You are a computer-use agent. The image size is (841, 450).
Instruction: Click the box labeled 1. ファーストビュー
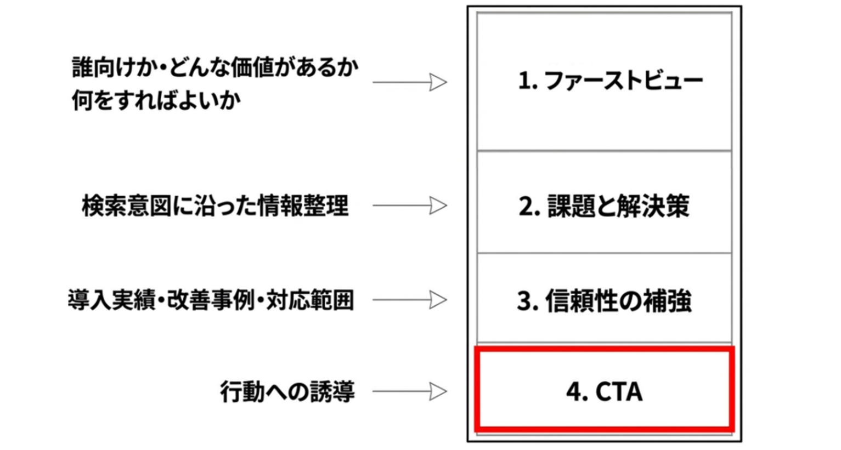pyautogui.click(x=604, y=82)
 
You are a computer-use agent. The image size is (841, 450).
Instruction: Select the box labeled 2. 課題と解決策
pyautogui.click(x=604, y=202)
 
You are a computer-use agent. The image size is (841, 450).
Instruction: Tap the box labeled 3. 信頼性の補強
pyautogui.click(x=604, y=299)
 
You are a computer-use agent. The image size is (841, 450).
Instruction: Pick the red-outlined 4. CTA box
pyautogui.click(x=604, y=390)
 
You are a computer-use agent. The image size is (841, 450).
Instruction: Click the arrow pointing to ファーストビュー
pyautogui.click(x=410, y=82)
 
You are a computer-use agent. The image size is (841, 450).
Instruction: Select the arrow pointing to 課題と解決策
pyautogui.click(x=410, y=206)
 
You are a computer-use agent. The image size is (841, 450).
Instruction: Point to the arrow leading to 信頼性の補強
pyautogui.click(x=410, y=300)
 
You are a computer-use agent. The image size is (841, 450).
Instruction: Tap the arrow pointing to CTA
pyautogui.click(x=410, y=391)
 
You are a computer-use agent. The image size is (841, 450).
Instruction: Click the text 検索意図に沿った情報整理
pyautogui.click(x=215, y=206)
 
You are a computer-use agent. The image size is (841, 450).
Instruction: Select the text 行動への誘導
pyautogui.click(x=287, y=392)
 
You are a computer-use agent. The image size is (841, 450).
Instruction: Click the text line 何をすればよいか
pyautogui.click(x=156, y=101)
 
